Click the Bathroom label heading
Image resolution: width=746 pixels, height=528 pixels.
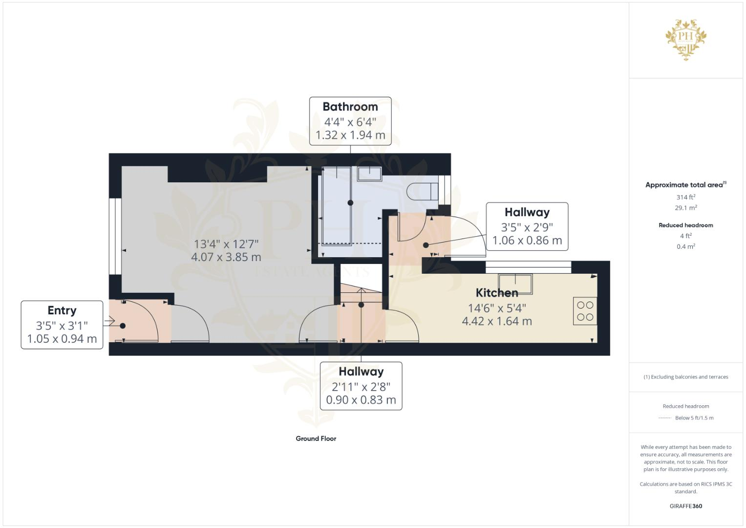point(350,107)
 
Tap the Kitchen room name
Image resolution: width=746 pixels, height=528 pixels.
point(497,293)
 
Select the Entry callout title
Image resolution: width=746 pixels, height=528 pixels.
point(62,310)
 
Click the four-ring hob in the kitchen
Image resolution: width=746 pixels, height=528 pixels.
point(585,311)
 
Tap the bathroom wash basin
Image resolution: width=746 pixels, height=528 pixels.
point(369,174)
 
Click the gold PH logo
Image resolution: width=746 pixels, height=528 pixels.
point(686,38)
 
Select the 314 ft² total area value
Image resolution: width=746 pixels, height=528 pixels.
point(686,198)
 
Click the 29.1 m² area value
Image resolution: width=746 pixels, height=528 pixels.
point(686,208)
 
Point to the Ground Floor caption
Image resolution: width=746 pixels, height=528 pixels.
point(316,439)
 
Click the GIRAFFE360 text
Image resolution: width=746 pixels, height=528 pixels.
point(685,506)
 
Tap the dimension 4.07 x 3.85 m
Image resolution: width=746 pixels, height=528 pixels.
point(226,257)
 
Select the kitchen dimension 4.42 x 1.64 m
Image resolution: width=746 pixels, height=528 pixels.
point(497,321)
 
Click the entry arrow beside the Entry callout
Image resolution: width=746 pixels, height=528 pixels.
point(108,322)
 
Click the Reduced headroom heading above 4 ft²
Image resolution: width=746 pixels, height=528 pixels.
point(686,225)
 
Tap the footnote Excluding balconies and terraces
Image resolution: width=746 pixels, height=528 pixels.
point(686,377)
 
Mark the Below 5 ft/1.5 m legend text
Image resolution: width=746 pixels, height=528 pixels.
point(694,418)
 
